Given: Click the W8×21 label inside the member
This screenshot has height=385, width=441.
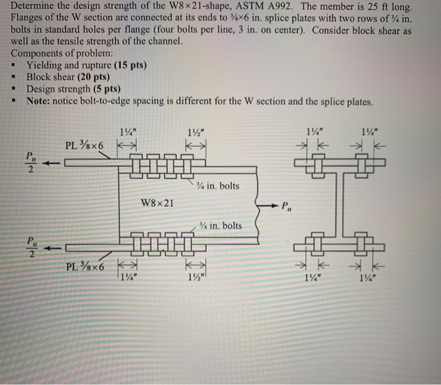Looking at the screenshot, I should click(x=158, y=203).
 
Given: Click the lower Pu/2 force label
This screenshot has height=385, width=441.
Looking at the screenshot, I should click(x=31, y=246).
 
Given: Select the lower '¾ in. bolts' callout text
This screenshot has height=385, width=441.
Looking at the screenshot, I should click(x=220, y=225).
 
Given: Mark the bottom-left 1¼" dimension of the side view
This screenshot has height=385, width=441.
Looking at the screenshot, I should click(x=129, y=276).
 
